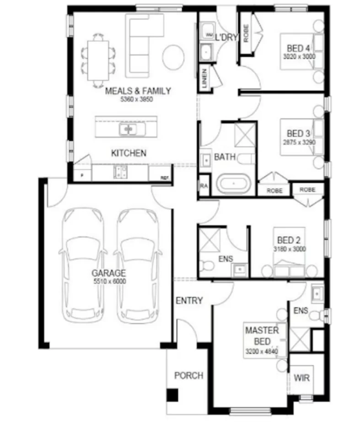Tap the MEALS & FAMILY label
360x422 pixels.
pyautogui.click(x=138, y=91)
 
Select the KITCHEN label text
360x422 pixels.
pyautogui.click(x=129, y=153)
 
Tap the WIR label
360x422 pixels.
pyautogui.click(x=302, y=379)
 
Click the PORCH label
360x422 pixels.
pyautogui.click(x=188, y=376)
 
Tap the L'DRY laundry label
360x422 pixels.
pyautogui.click(x=227, y=37)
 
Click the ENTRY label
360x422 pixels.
pyautogui.click(x=189, y=301)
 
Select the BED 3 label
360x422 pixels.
pyautogui.click(x=298, y=134)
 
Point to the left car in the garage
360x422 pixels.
pyautogui.click(x=84, y=265)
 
